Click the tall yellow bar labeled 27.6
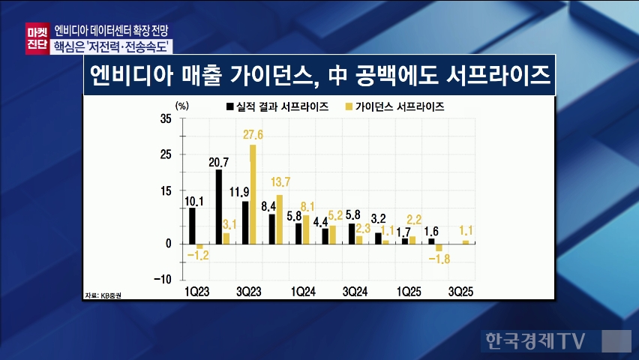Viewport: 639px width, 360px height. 253,193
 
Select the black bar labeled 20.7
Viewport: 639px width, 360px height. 218,206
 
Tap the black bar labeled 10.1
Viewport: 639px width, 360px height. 192,225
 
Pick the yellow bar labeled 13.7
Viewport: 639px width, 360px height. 280,219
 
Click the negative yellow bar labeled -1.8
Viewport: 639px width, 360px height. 439,247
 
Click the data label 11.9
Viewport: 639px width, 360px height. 240,190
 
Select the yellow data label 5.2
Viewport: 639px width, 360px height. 336,215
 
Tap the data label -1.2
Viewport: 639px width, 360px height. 198,256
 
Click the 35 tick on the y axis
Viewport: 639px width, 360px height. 166,118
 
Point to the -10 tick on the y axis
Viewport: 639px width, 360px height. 163,279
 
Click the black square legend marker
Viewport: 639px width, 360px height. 230,106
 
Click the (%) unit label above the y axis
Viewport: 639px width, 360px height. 181,106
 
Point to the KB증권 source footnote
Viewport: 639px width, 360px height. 104,295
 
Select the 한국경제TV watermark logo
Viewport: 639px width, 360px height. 532,341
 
